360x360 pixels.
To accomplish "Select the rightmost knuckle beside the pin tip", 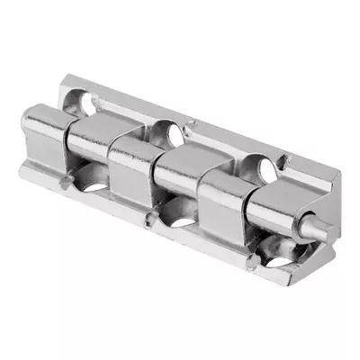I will point(279,211).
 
